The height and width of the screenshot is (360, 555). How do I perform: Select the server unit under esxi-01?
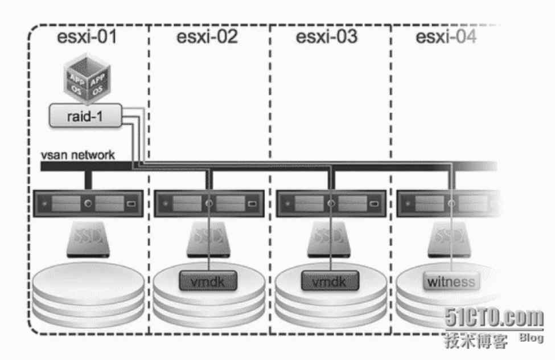coord(86,203)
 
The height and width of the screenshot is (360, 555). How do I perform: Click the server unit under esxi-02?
coord(207,203)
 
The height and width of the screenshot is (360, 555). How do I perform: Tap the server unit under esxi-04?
coord(447,203)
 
